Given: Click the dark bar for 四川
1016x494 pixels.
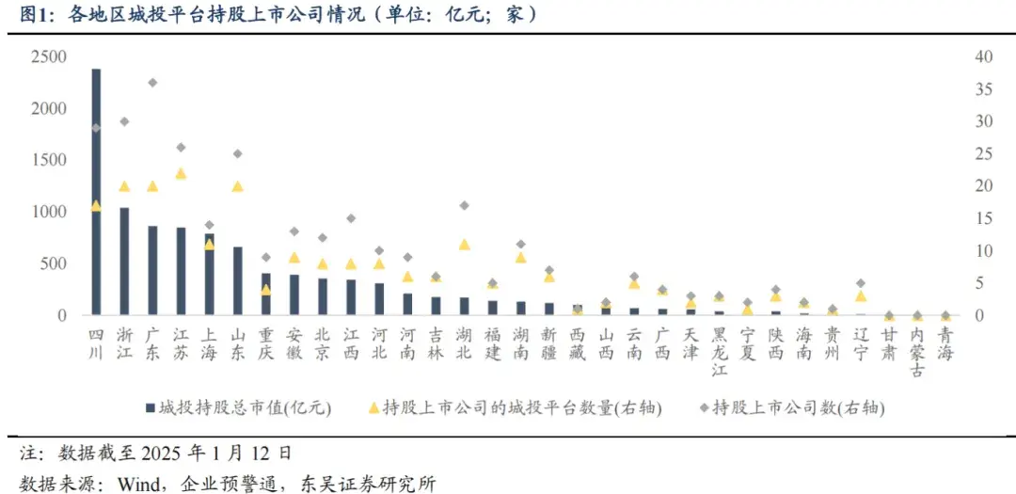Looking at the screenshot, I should click(96, 192).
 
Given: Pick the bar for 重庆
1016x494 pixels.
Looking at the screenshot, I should click(266, 294).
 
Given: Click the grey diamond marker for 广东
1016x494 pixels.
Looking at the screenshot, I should click(152, 83).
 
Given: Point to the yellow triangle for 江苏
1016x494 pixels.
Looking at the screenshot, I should click(181, 174).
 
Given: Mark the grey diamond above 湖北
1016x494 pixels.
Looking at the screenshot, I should click(465, 205).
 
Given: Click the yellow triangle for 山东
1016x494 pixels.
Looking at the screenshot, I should click(238, 186).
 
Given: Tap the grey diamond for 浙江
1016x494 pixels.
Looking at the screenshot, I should click(124, 121).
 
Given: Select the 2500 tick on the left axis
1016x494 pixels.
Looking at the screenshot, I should click(48, 57).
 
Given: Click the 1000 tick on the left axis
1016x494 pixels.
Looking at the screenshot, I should click(48, 213).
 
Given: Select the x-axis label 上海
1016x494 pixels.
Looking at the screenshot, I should click(209, 343).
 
